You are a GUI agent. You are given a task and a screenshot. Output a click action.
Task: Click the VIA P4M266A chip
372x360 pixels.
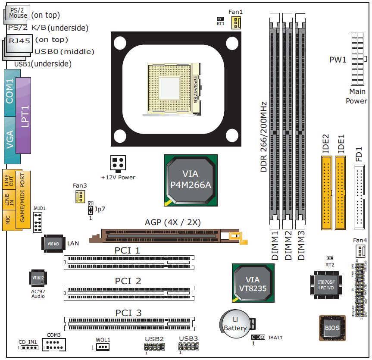click(x=190, y=179)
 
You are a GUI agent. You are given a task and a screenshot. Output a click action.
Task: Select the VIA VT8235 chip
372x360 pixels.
click(x=253, y=281)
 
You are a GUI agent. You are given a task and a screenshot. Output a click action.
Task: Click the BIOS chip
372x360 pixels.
click(x=332, y=328)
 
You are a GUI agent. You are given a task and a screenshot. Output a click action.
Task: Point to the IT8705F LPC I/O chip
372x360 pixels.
click(x=325, y=285)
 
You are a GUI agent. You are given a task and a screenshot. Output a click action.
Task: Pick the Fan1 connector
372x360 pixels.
click(x=235, y=23)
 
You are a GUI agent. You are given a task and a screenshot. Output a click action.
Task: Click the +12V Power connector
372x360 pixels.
click(x=118, y=164)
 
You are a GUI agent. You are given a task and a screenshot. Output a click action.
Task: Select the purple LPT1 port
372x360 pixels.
click(x=24, y=116)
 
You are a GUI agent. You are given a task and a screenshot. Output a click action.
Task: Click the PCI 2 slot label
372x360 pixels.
click(x=128, y=281)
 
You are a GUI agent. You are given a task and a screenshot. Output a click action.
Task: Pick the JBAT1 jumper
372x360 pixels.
click(x=257, y=325)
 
